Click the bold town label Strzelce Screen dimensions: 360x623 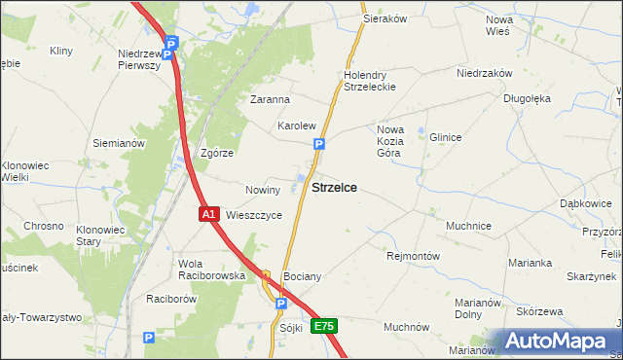pos(333,188)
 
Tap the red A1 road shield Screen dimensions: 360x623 pos(208,214)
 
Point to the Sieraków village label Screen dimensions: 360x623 pos(384,18)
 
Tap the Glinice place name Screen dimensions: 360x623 pos(445,137)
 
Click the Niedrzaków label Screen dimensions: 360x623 pos(485,73)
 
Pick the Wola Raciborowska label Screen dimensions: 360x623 pos(211,270)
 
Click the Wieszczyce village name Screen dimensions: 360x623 pos(254,215)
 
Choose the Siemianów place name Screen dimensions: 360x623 pos(119,143)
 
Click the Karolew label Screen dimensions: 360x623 pos(297,126)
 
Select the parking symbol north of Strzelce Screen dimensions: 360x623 pos(319,145)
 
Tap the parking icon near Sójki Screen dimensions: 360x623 pos(280,305)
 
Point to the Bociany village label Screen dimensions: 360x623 pos(302,277)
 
